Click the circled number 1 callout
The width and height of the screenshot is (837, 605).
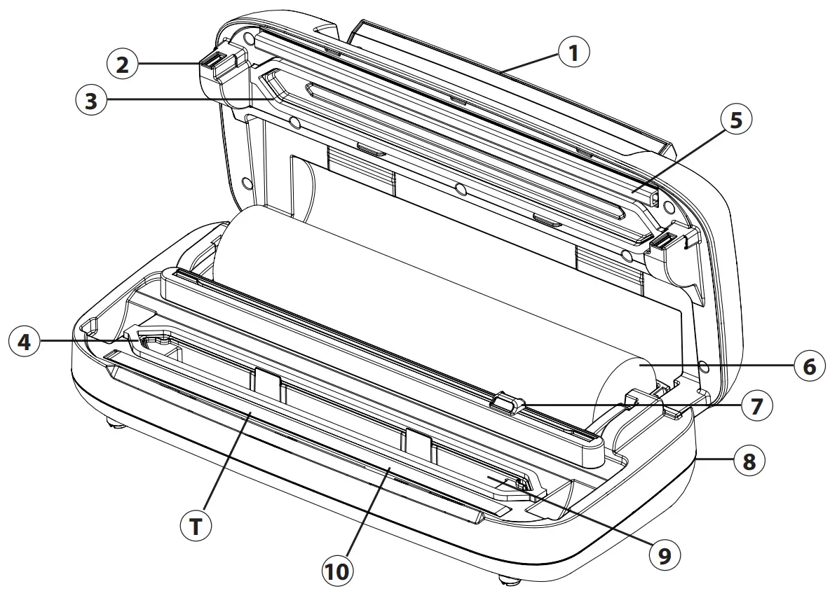pyautogui.click(x=573, y=53)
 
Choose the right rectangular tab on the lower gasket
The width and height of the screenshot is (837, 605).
pyautogui.click(x=419, y=443)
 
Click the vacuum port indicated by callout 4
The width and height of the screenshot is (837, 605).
pyautogui.click(x=158, y=340)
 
